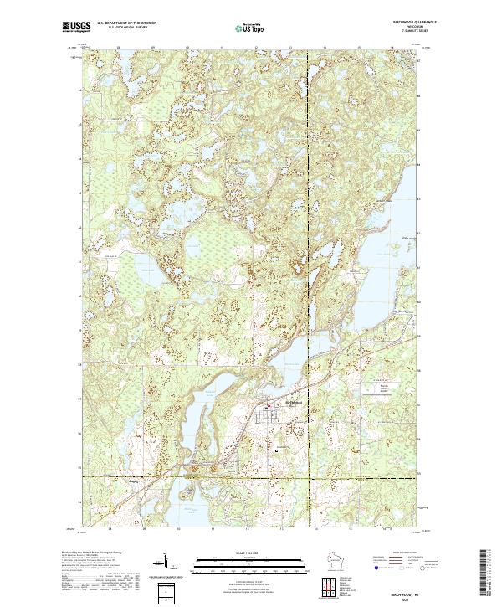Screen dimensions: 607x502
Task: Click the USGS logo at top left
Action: coord(76,28)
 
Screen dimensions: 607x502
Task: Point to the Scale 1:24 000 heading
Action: coord(248,553)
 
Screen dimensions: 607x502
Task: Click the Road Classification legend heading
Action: coord(405,553)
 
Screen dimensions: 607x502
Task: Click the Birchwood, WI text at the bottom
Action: coord(405,590)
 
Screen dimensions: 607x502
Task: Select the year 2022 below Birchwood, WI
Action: coord(405,597)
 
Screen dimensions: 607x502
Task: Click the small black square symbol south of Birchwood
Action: coord(278,450)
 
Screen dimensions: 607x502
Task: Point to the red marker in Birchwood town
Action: coord(269,408)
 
